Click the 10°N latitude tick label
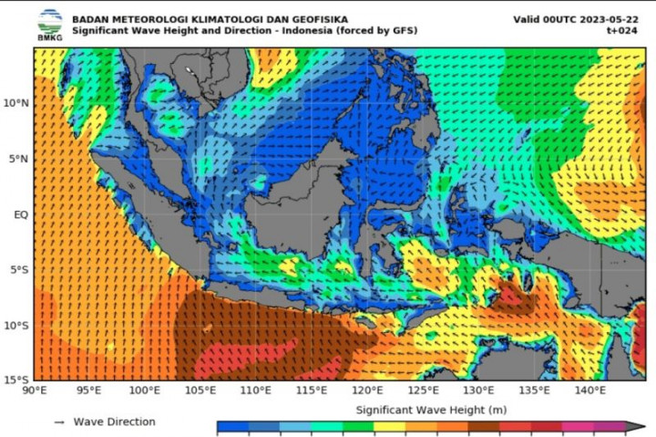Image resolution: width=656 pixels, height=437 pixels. coord(15,103)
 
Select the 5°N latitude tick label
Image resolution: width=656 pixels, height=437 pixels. coord(18,159)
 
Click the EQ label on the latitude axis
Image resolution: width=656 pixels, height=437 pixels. coord(20,214)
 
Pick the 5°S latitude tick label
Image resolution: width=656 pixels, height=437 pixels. coord(18,270)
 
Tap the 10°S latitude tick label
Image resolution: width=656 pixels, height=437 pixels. coord(15,326)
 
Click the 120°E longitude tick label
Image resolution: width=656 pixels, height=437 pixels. coord(368,391)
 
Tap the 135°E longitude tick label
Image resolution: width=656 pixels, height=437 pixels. coord(536,391)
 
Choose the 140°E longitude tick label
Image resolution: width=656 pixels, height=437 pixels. coord(591,391)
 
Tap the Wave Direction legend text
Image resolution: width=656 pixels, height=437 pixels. coord(114,421)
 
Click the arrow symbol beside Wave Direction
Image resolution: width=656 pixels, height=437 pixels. coord(59,422)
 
